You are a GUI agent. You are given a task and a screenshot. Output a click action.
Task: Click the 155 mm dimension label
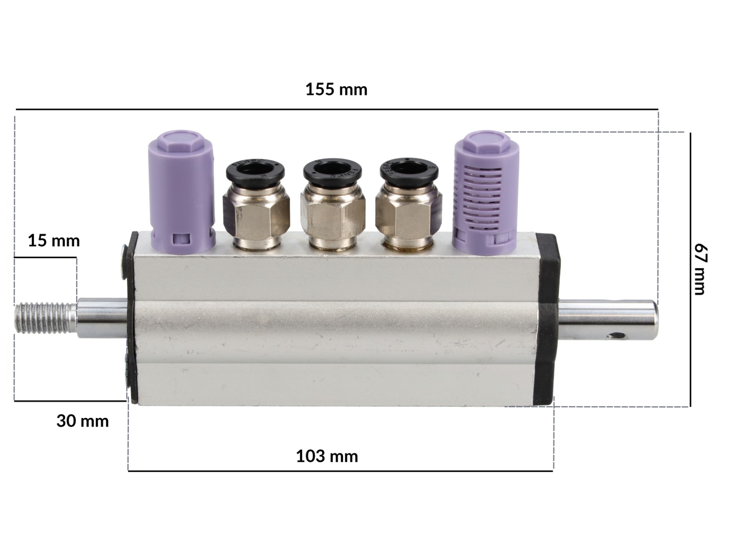(336, 89)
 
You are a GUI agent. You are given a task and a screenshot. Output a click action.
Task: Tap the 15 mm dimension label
(54, 241)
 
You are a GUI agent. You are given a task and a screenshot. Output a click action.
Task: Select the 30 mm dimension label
(82, 421)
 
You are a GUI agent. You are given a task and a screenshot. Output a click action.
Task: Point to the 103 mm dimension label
(327, 456)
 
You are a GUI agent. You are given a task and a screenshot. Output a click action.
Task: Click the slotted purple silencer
(485, 193)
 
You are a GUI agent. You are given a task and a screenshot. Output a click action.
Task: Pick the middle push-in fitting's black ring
(332, 171)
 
